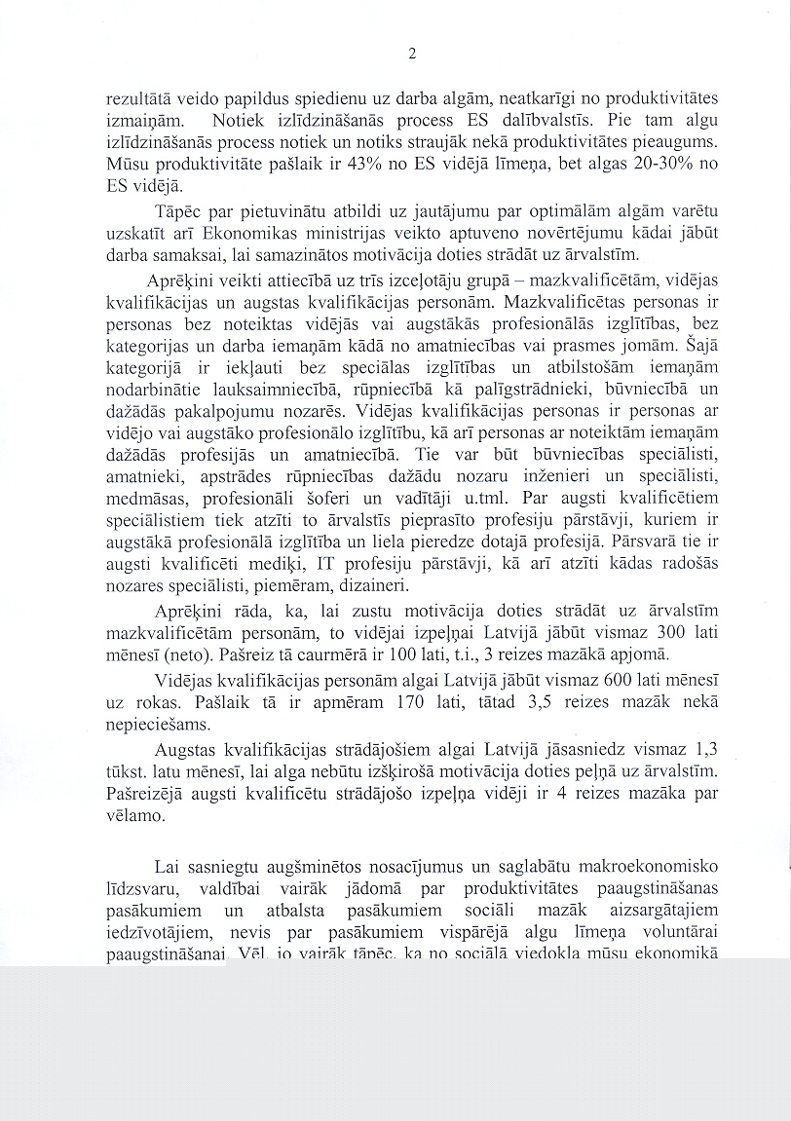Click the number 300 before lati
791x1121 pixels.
click(x=659, y=632)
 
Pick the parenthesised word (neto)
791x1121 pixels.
click(x=175, y=652)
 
